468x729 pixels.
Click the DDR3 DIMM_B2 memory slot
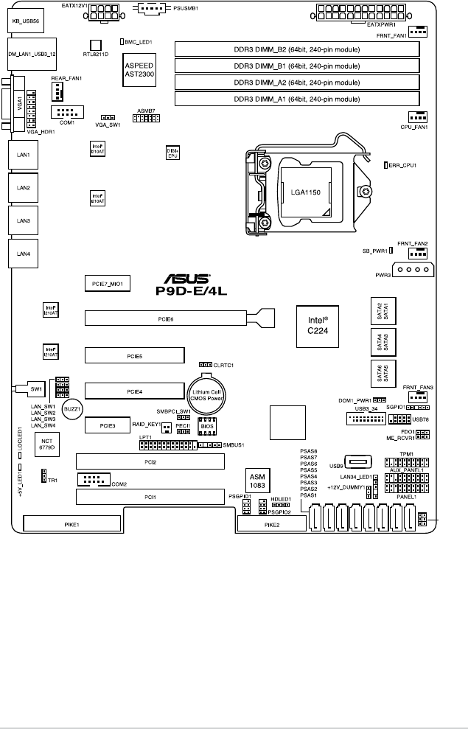click(x=296, y=49)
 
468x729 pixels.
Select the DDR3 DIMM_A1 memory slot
click(x=296, y=98)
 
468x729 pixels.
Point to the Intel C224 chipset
click(x=318, y=325)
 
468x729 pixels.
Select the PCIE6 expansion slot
click(x=166, y=318)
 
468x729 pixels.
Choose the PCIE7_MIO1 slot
click(x=108, y=283)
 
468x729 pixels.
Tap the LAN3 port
click(x=23, y=220)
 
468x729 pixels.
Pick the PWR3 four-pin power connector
click(x=413, y=271)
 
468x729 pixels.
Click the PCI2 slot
click(x=150, y=462)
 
